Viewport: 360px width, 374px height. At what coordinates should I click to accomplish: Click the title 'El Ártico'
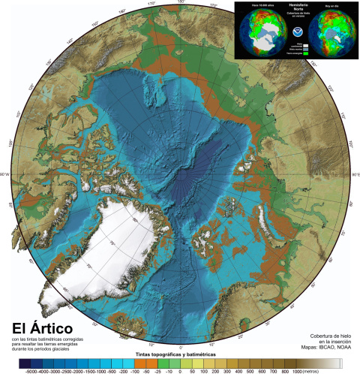pyautogui.click(x=41, y=330)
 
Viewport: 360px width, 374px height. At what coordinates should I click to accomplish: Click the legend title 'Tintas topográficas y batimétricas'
pyautogui.click(x=178, y=352)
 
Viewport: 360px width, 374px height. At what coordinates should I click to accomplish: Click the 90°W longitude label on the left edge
pyautogui.click(x=6, y=174)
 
